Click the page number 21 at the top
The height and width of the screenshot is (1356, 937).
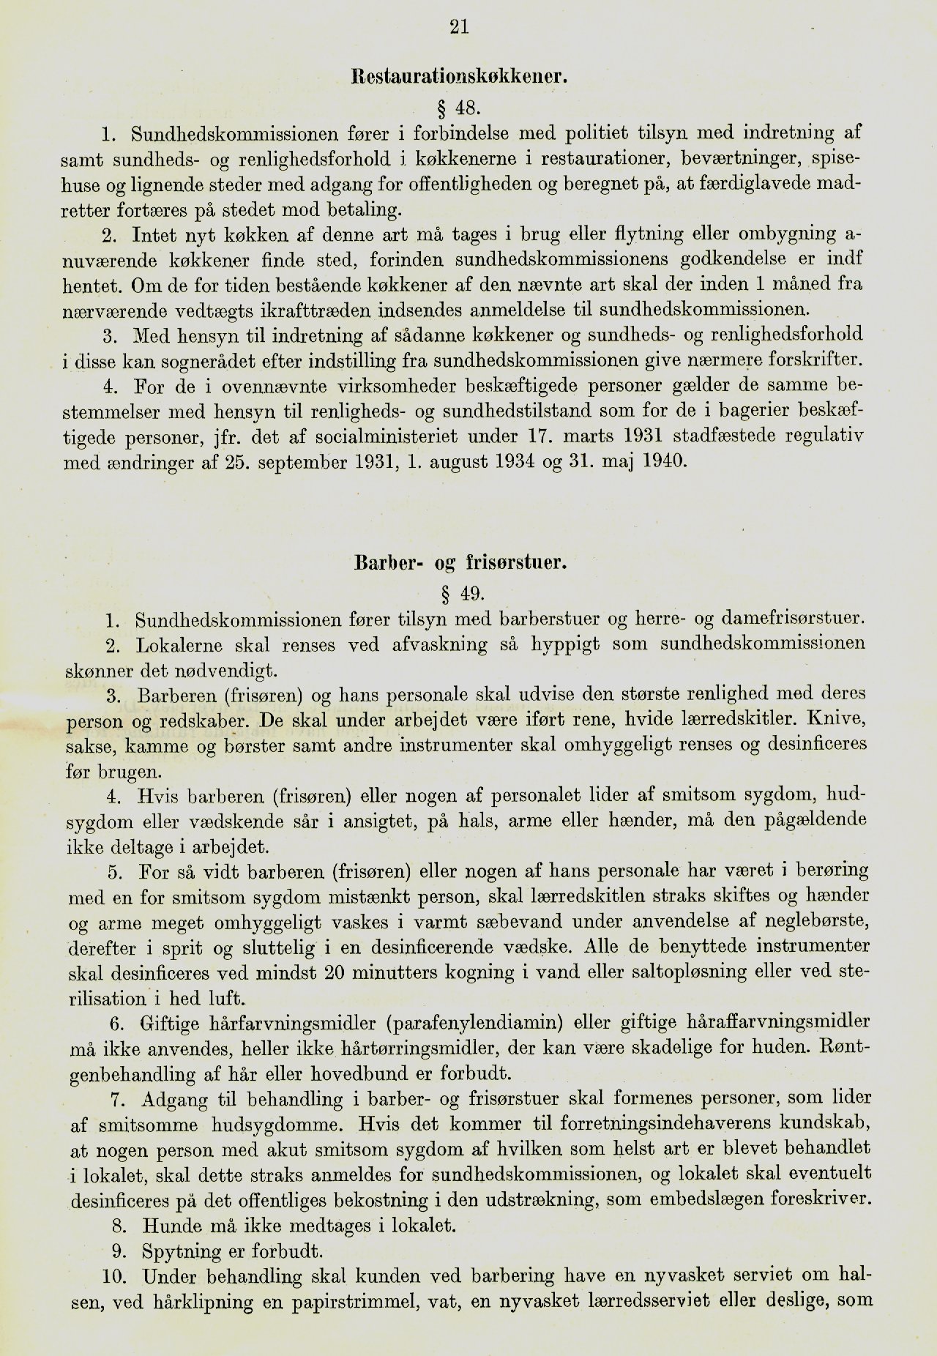(459, 27)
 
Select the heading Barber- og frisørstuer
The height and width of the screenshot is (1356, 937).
(460, 563)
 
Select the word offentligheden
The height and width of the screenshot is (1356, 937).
(468, 184)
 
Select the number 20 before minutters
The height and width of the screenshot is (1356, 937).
(334, 972)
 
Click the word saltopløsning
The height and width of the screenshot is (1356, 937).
(649, 972)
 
